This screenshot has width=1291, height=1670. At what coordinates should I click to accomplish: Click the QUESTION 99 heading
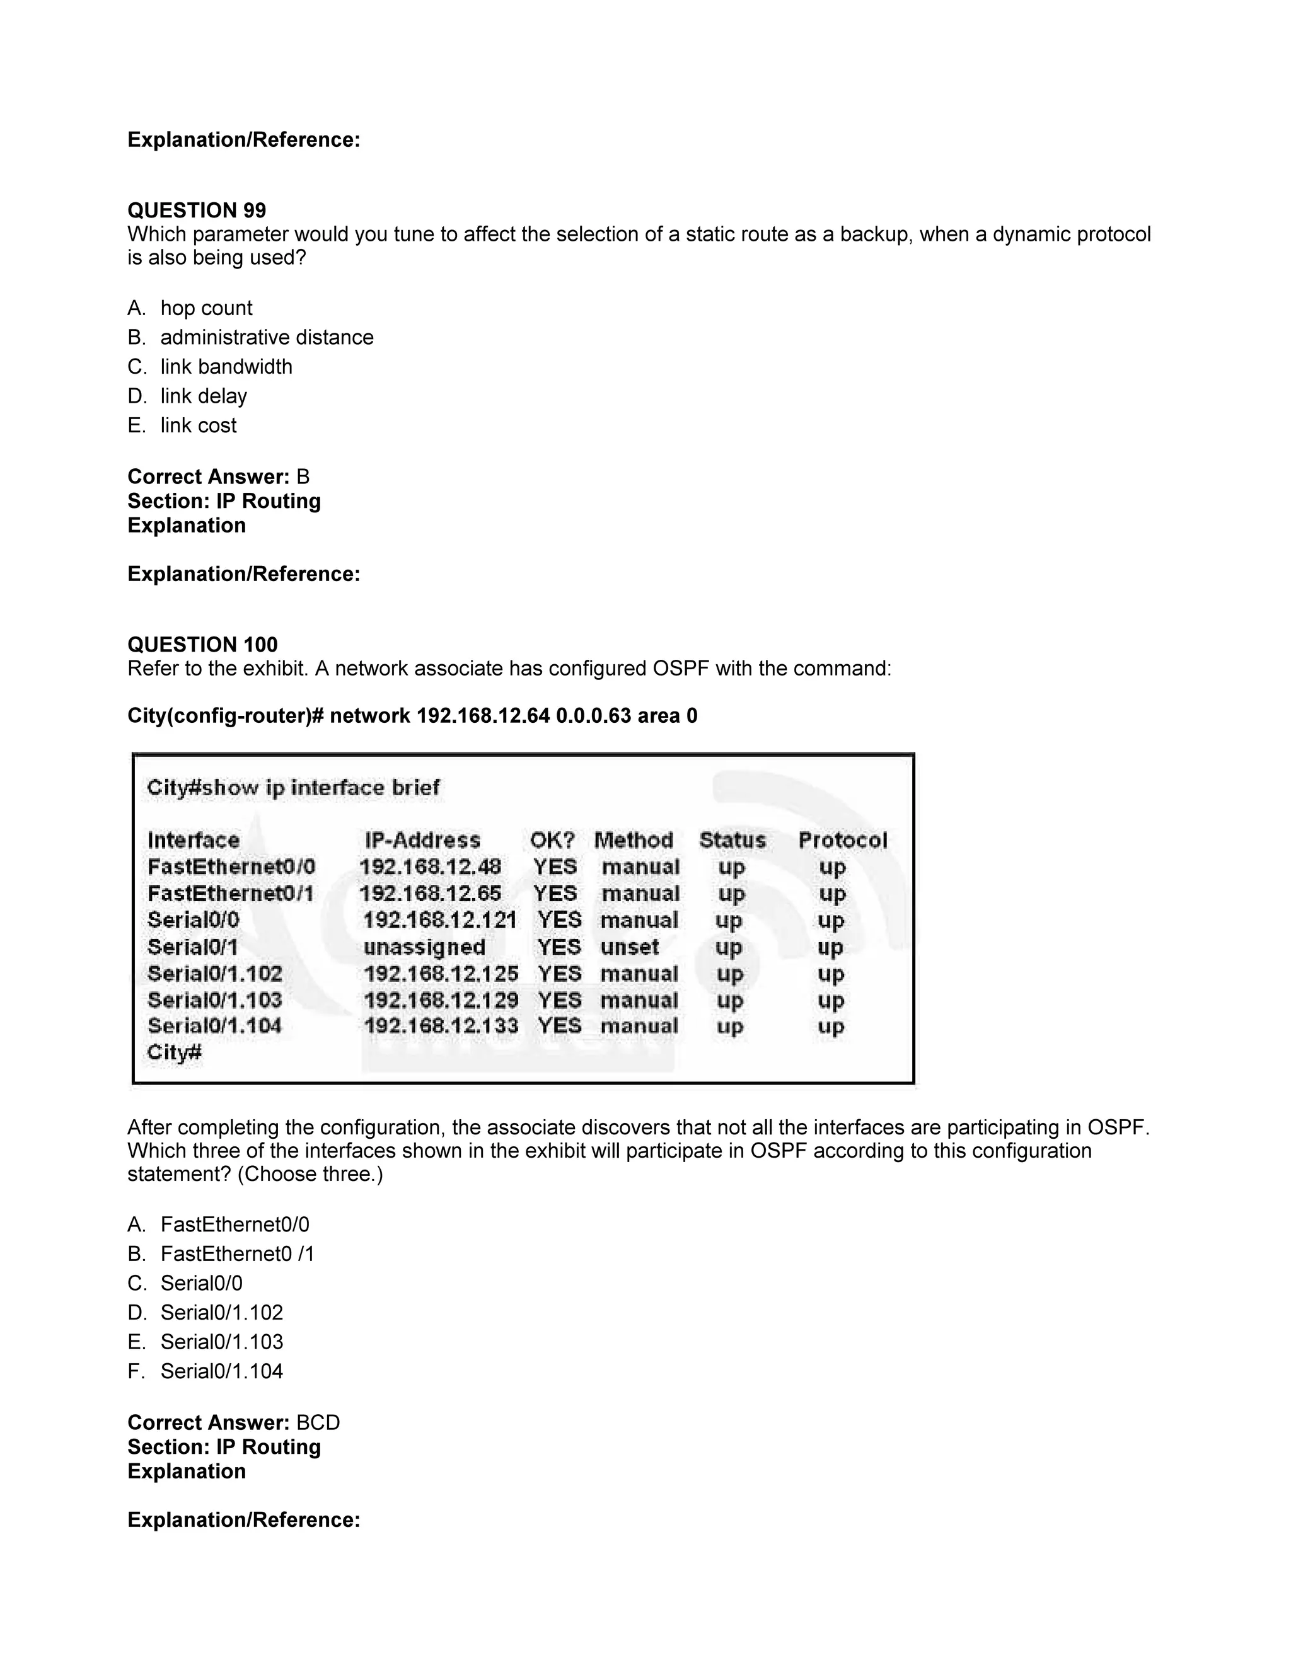[x=197, y=210]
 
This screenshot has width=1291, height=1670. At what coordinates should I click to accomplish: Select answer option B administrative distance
[x=266, y=337]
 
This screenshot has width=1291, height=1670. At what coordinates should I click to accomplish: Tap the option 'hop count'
[x=206, y=308]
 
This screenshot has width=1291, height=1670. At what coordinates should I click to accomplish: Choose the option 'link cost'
[x=198, y=425]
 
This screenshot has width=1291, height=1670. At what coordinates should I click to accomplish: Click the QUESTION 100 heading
[x=203, y=645]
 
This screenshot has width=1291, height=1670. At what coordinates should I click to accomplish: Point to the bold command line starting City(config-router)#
[x=412, y=716]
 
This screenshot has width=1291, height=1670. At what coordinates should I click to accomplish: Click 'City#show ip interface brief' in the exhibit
[x=293, y=788]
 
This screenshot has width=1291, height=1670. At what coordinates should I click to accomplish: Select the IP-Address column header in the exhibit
[x=422, y=840]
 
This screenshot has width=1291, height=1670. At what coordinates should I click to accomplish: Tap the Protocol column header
[x=842, y=840]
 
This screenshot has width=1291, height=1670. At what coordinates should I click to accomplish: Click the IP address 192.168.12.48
[x=430, y=867]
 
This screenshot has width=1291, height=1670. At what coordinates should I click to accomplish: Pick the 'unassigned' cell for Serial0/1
[x=424, y=947]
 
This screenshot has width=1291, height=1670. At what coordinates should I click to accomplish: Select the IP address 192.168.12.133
[x=441, y=1026]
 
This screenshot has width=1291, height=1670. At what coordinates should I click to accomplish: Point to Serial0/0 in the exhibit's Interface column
[x=194, y=920]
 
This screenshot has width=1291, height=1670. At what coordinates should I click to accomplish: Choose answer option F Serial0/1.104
[x=221, y=1371]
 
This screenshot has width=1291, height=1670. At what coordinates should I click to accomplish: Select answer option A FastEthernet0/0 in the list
[x=234, y=1224]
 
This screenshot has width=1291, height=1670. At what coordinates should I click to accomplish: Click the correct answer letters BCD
[x=318, y=1423]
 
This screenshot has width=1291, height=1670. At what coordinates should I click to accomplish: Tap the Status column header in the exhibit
[x=732, y=840]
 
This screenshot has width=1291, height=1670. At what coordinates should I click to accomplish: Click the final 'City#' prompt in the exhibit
[x=175, y=1053]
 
